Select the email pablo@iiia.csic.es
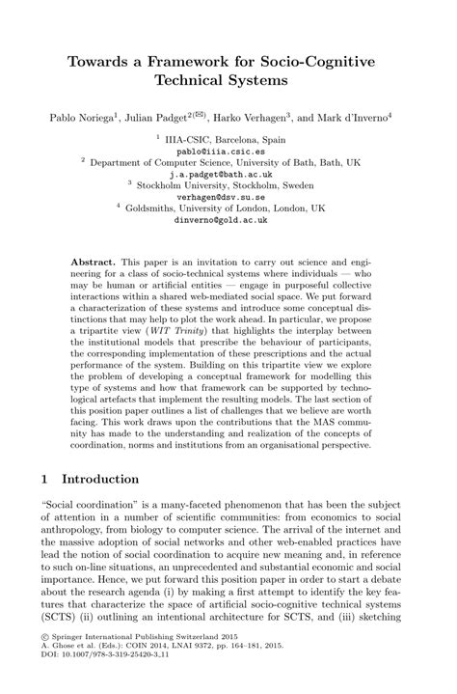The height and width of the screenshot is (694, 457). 228,152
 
